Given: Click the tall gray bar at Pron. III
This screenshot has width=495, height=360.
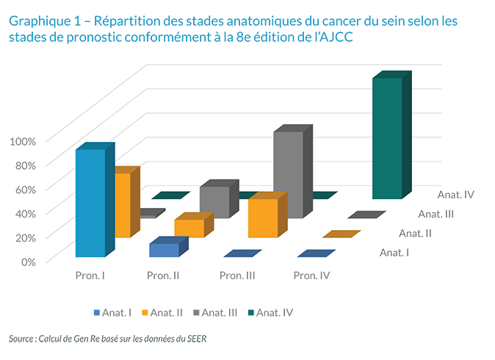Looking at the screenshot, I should pos(288,175).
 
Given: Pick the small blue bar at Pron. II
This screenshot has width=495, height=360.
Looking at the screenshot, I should pos(164,250).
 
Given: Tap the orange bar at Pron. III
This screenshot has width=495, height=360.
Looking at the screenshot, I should pos(262,218).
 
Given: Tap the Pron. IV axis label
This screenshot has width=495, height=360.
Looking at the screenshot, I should pos(311,276).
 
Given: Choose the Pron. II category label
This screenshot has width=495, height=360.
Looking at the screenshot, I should pos(163,276).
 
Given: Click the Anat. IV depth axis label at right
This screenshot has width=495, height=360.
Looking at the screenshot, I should pos(455,195).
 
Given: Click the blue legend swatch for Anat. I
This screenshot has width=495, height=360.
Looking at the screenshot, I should pos(97,313).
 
